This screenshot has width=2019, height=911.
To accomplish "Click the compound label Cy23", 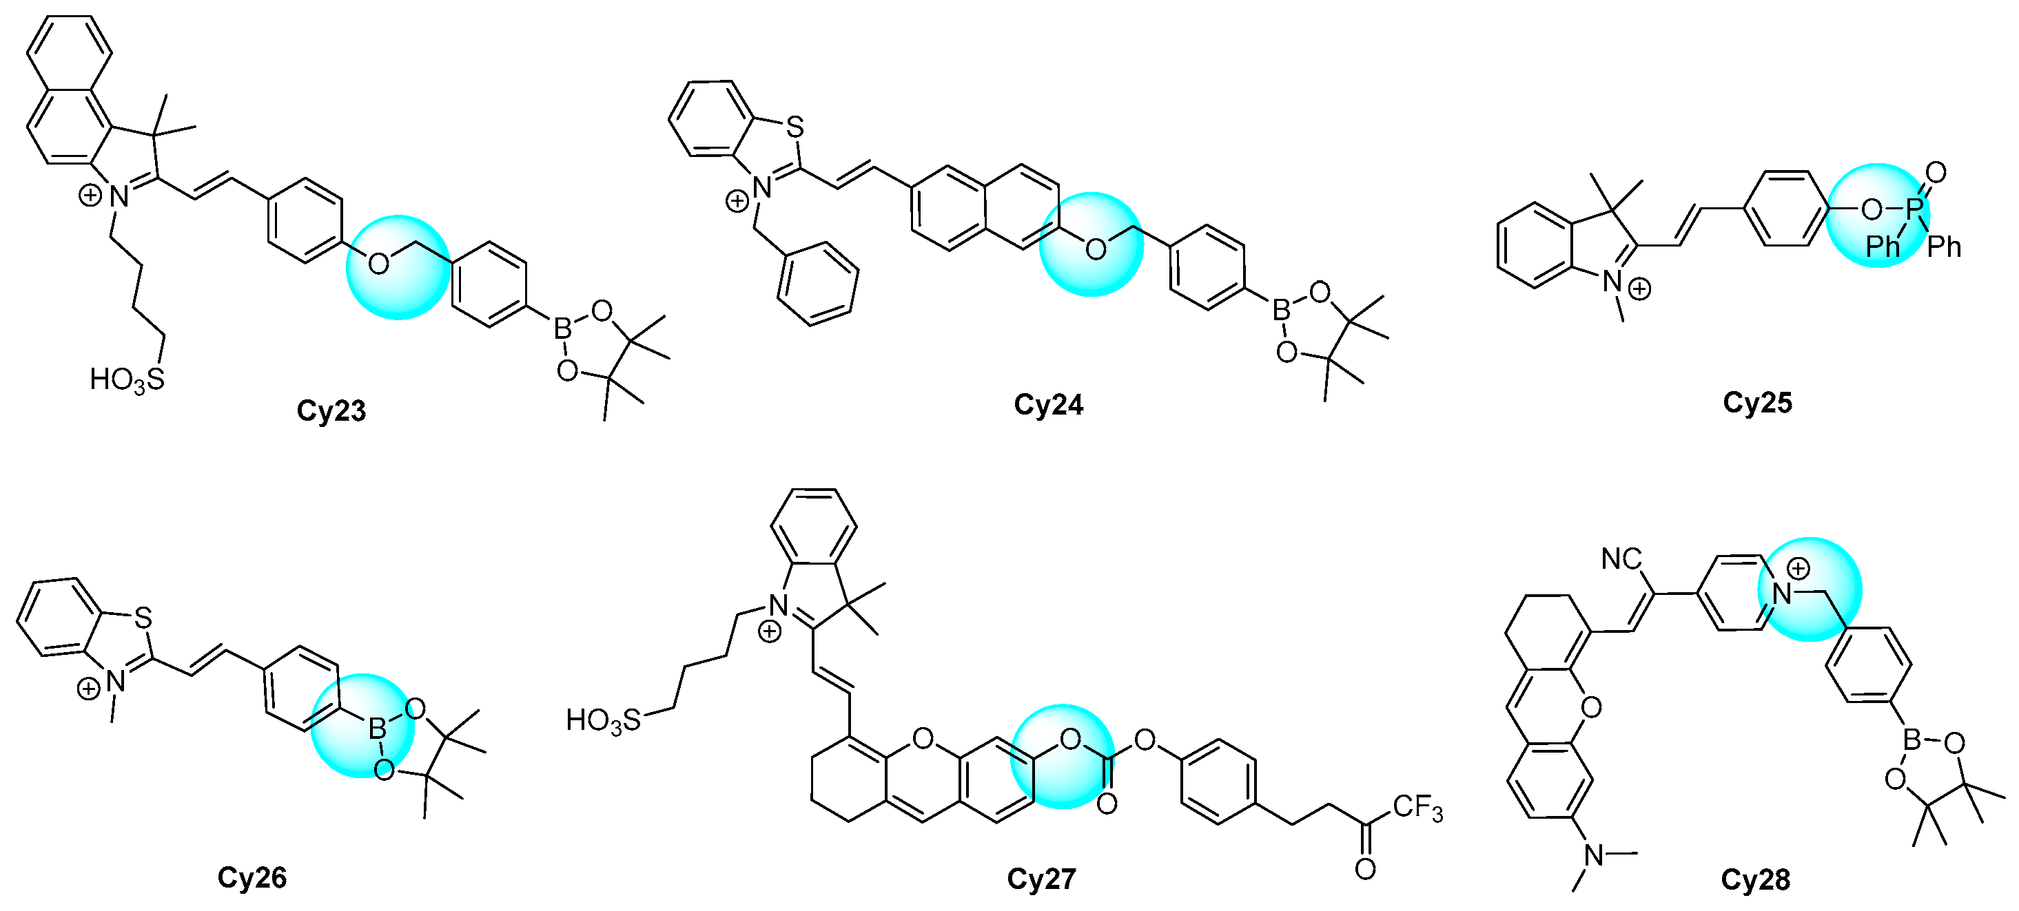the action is point(331,411).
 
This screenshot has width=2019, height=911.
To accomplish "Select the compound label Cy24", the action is point(1048,404).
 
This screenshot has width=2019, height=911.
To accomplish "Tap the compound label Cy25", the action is point(1757,403).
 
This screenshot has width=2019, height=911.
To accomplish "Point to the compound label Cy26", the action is point(252,877).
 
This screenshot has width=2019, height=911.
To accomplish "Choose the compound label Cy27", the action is point(1041,879).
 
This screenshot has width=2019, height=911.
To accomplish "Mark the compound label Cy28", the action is point(1756,879).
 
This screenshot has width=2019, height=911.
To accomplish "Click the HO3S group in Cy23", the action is point(127,380).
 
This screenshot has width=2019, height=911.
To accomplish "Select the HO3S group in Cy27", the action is point(603,720).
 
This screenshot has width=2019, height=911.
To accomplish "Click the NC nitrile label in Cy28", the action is point(1621,559).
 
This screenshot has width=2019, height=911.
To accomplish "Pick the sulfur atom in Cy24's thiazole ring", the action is point(795,127).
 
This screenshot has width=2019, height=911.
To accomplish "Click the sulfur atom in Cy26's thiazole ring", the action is point(142,618).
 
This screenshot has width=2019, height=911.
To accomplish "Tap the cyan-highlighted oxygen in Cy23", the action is point(378,263).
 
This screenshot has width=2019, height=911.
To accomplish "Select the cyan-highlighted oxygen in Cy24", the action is point(1096,249).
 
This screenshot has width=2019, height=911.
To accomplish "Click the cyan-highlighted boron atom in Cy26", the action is point(377,730).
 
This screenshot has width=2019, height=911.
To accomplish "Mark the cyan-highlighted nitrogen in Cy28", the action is point(1782,593).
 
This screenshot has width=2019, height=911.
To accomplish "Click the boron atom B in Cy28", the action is point(1912,740).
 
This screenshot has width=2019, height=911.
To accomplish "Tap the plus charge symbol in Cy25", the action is point(1639,289).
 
